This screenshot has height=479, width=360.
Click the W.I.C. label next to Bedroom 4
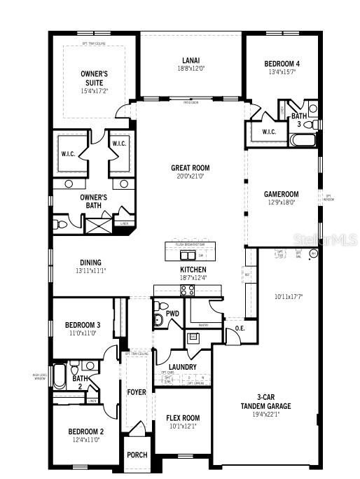pos(270,132)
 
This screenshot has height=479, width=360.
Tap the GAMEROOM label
pos(281,194)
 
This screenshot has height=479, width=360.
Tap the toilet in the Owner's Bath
pos(61,224)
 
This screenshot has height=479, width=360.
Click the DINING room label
pos(90,263)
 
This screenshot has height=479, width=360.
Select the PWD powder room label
pos(172,314)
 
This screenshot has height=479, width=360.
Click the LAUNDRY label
pos(182,366)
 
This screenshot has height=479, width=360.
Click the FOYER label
pos(136,392)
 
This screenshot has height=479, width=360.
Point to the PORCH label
pos(137,454)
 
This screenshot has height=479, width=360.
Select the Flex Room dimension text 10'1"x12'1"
pos(182,426)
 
